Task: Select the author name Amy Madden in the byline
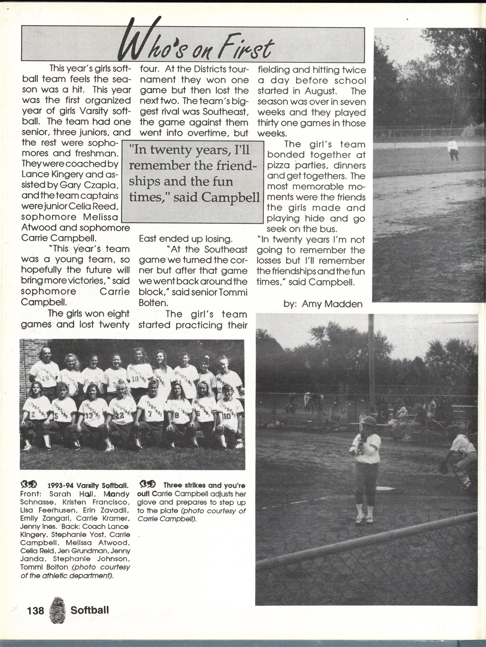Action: [x=332, y=304]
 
